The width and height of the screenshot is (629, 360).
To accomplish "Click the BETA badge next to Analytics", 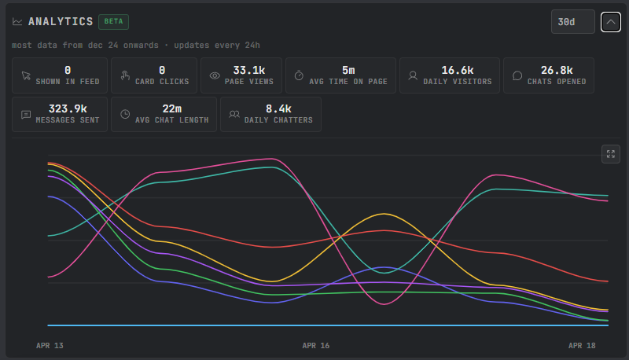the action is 113,22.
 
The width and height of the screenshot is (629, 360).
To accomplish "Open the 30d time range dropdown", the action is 573,22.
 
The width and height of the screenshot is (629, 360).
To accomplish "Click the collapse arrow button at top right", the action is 611,22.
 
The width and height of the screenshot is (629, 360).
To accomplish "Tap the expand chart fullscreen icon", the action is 611,154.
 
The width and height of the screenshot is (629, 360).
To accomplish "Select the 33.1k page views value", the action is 249,71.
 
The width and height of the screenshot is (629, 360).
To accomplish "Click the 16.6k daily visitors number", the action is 458,71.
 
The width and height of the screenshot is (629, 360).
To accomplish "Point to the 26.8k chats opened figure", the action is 557,71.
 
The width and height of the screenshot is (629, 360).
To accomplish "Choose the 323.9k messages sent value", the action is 68,109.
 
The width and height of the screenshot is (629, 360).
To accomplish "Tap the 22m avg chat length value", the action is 171,109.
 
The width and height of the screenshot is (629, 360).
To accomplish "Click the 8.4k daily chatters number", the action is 278,109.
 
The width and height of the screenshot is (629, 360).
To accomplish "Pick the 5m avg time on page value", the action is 348,71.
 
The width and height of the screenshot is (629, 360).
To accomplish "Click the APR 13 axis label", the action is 50,346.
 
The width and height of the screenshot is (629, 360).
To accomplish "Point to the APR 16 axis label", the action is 316,346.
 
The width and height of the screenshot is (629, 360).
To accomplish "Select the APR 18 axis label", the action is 582,346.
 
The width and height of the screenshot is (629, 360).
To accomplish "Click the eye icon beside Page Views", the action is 215,75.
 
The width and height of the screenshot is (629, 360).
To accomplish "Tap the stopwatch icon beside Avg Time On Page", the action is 299,75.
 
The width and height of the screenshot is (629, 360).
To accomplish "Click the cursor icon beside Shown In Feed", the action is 26,75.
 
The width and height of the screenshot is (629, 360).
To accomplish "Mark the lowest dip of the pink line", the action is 384,304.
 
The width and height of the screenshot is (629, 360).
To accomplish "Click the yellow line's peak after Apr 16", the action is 384,214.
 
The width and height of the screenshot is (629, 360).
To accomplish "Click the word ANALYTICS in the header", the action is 61,22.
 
